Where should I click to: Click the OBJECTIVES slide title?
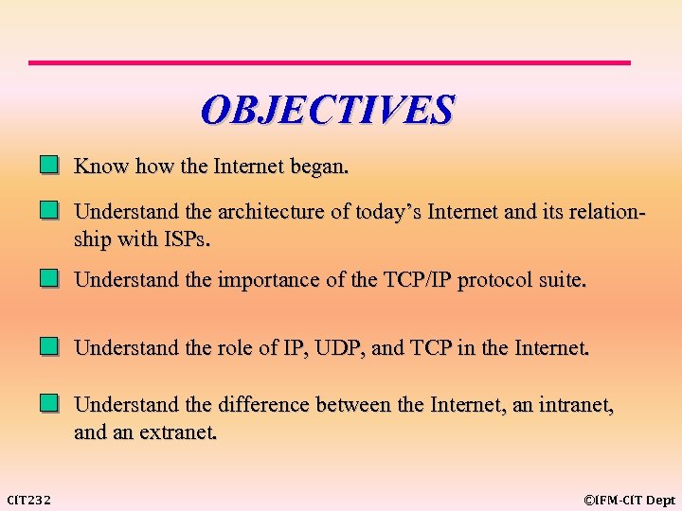(328, 110)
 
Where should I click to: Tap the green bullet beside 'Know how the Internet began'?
(49, 167)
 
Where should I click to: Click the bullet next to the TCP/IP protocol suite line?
(49, 280)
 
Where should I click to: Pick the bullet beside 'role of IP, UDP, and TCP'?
(49, 347)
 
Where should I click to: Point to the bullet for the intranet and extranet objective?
(49, 405)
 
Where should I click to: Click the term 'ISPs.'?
(186, 239)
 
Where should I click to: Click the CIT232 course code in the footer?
(29, 500)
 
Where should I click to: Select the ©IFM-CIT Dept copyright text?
(629, 500)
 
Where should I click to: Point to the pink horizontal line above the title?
(329, 62)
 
